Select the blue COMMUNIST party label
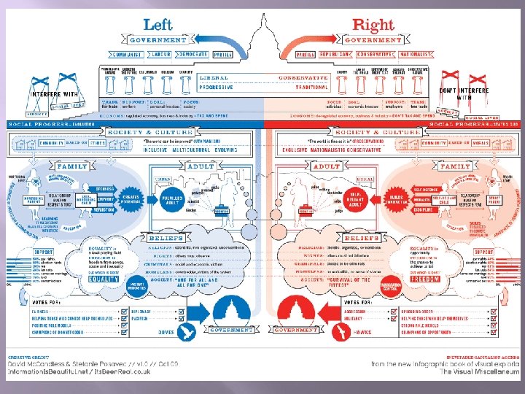pyautogui.click(x=127, y=54)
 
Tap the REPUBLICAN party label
pyautogui.click(x=335, y=54)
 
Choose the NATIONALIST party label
pyautogui.click(x=413, y=54)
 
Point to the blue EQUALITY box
pyautogui.click(x=104, y=278)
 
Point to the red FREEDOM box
pyautogui.click(x=426, y=278)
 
